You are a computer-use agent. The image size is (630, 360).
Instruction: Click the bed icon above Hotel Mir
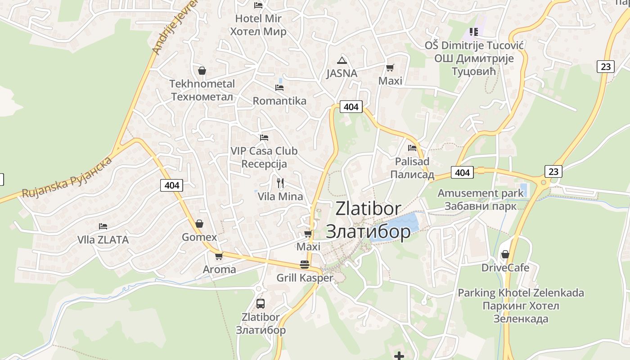pos(258,5)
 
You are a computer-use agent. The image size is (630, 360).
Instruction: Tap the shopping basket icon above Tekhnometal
pos(202,71)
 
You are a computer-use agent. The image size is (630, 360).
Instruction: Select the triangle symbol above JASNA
pos(342,60)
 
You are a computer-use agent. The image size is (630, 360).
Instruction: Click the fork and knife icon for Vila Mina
pos(280,183)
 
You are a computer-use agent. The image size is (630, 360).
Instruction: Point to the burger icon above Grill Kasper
pos(305,264)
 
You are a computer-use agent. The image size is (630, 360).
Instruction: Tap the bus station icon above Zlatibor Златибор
pos(261,303)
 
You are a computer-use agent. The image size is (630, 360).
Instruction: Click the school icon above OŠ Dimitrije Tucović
pos(473,31)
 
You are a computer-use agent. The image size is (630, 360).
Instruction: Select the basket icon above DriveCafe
pos(505,254)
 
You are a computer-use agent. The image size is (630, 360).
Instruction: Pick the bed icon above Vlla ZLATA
pos(103,226)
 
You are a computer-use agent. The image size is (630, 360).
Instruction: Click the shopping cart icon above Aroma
pos(219,256)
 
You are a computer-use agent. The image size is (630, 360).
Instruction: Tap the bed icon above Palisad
pos(412,148)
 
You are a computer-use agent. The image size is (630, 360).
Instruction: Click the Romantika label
pos(279,101)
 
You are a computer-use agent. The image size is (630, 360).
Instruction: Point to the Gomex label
pos(199,237)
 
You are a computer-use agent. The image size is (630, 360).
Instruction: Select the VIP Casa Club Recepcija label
pos(264,157)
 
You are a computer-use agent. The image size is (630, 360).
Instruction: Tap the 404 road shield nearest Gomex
pos(172,185)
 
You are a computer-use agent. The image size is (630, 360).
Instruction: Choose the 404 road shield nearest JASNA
pos(351,107)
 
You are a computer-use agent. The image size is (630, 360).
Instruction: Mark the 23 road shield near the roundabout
pos(553,171)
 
